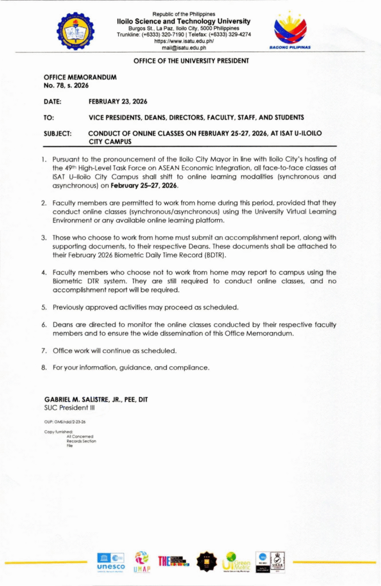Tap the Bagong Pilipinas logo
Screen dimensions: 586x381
(290, 29)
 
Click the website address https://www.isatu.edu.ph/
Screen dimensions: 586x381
(184, 41)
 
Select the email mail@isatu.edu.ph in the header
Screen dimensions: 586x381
(184, 48)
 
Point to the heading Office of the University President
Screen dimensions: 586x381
(191, 61)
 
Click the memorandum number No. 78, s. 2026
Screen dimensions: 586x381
(62, 85)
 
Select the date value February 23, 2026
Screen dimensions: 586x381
(118, 101)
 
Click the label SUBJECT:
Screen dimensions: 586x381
(57, 133)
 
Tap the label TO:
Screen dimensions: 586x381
(49, 117)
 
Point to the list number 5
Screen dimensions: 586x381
(44, 307)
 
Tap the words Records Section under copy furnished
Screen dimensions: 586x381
(81, 441)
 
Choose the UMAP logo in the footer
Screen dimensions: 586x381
(141, 561)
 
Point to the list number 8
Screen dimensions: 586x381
(44, 367)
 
